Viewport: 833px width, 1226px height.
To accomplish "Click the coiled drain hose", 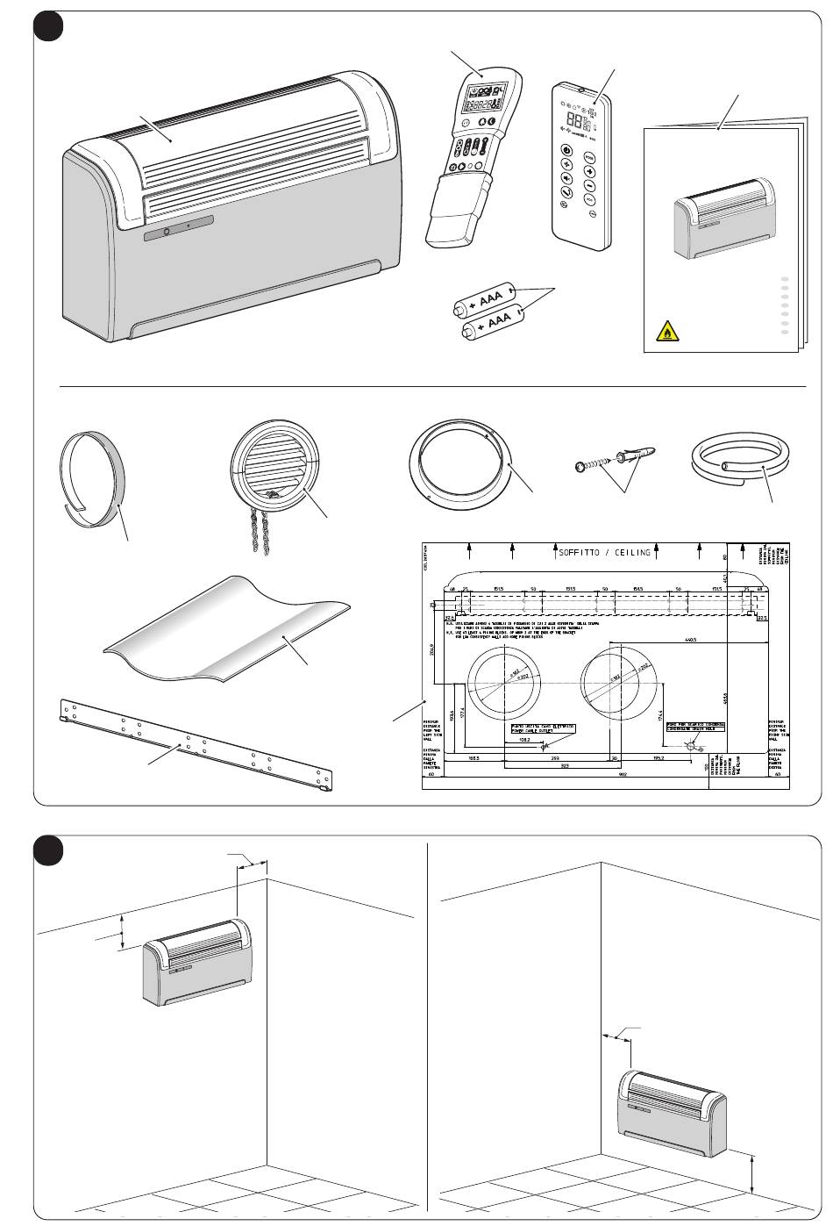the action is [x=741, y=460].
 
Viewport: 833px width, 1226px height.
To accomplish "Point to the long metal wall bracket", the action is [x=196, y=744].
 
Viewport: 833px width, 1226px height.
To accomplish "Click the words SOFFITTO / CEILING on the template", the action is [x=605, y=552].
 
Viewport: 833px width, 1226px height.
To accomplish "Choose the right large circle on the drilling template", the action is [x=618, y=686].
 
